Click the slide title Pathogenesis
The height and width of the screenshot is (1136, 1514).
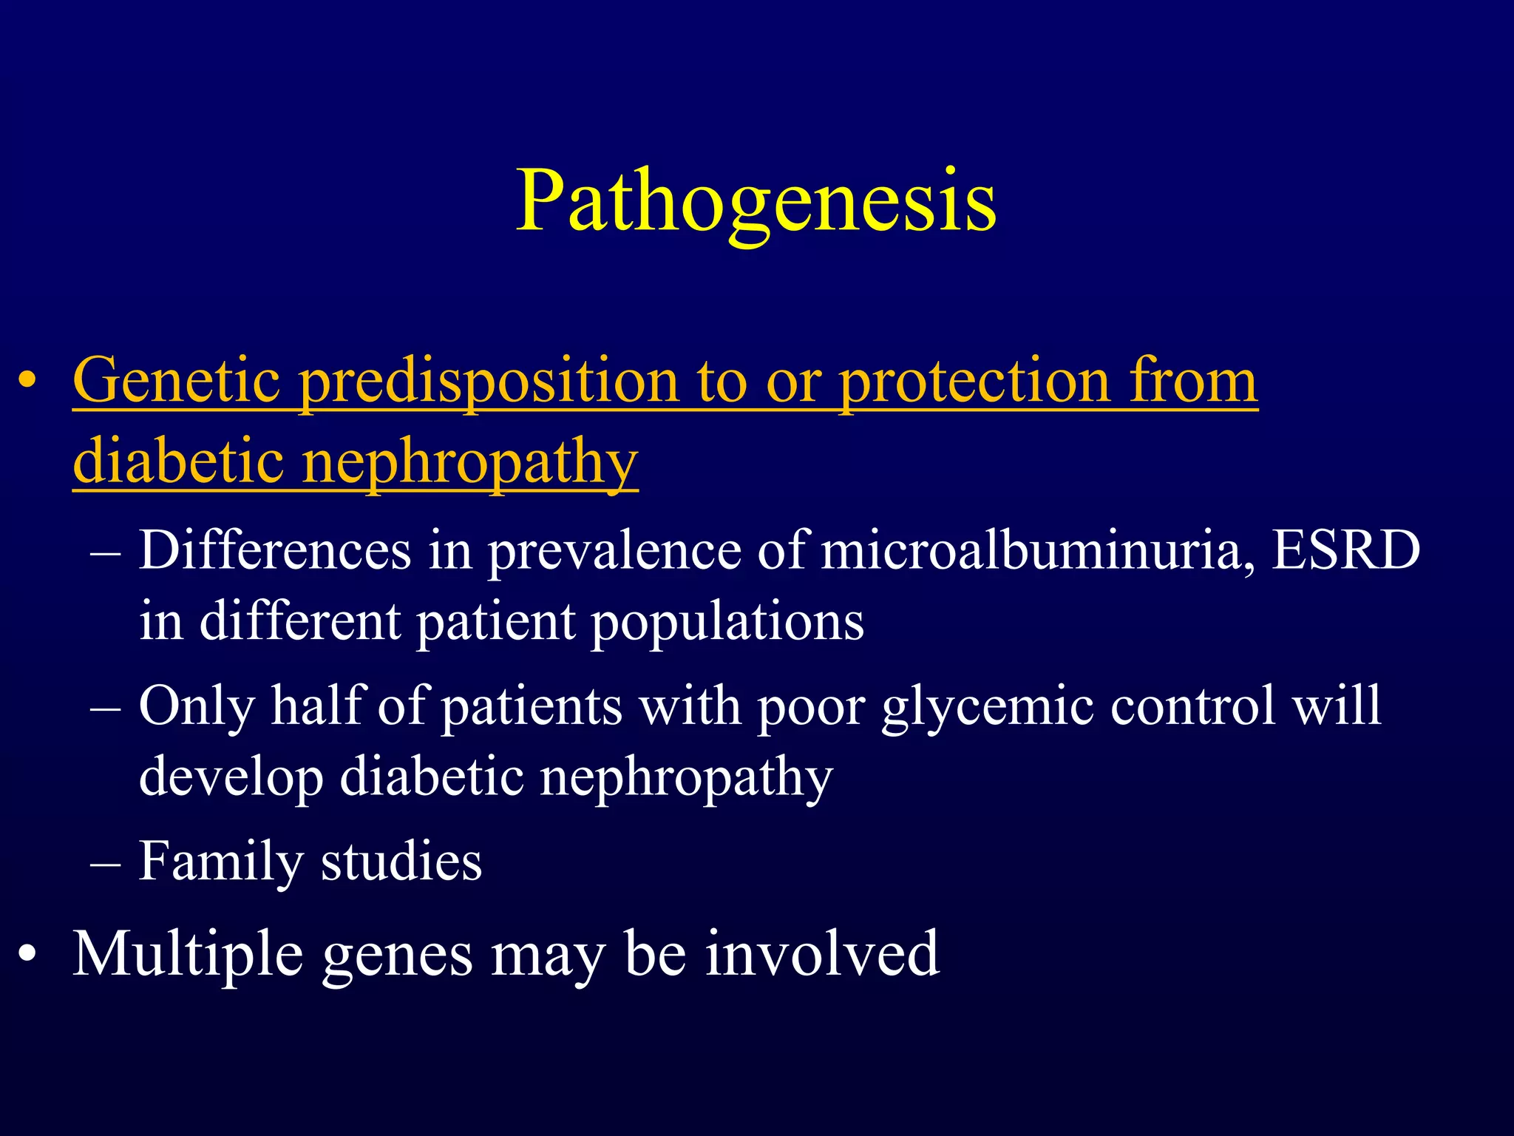tap(756, 201)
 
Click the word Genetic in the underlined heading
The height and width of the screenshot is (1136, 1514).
tap(176, 381)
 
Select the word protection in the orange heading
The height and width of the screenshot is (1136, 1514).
tap(974, 381)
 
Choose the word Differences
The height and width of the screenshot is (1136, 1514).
tap(274, 551)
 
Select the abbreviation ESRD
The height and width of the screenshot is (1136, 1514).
tap(1345, 551)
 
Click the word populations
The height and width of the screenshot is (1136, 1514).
tap(727, 621)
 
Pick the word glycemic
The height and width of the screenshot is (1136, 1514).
tap(987, 706)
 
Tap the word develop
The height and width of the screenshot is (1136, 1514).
tap(231, 778)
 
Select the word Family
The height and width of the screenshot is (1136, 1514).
tap(220, 862)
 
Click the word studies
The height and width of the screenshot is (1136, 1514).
tap(401, 862)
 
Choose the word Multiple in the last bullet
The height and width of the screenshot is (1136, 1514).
tap(188, 955)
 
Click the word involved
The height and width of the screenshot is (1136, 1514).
tap(821, 955)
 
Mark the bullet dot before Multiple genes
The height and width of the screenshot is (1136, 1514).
tap(27, 955)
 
